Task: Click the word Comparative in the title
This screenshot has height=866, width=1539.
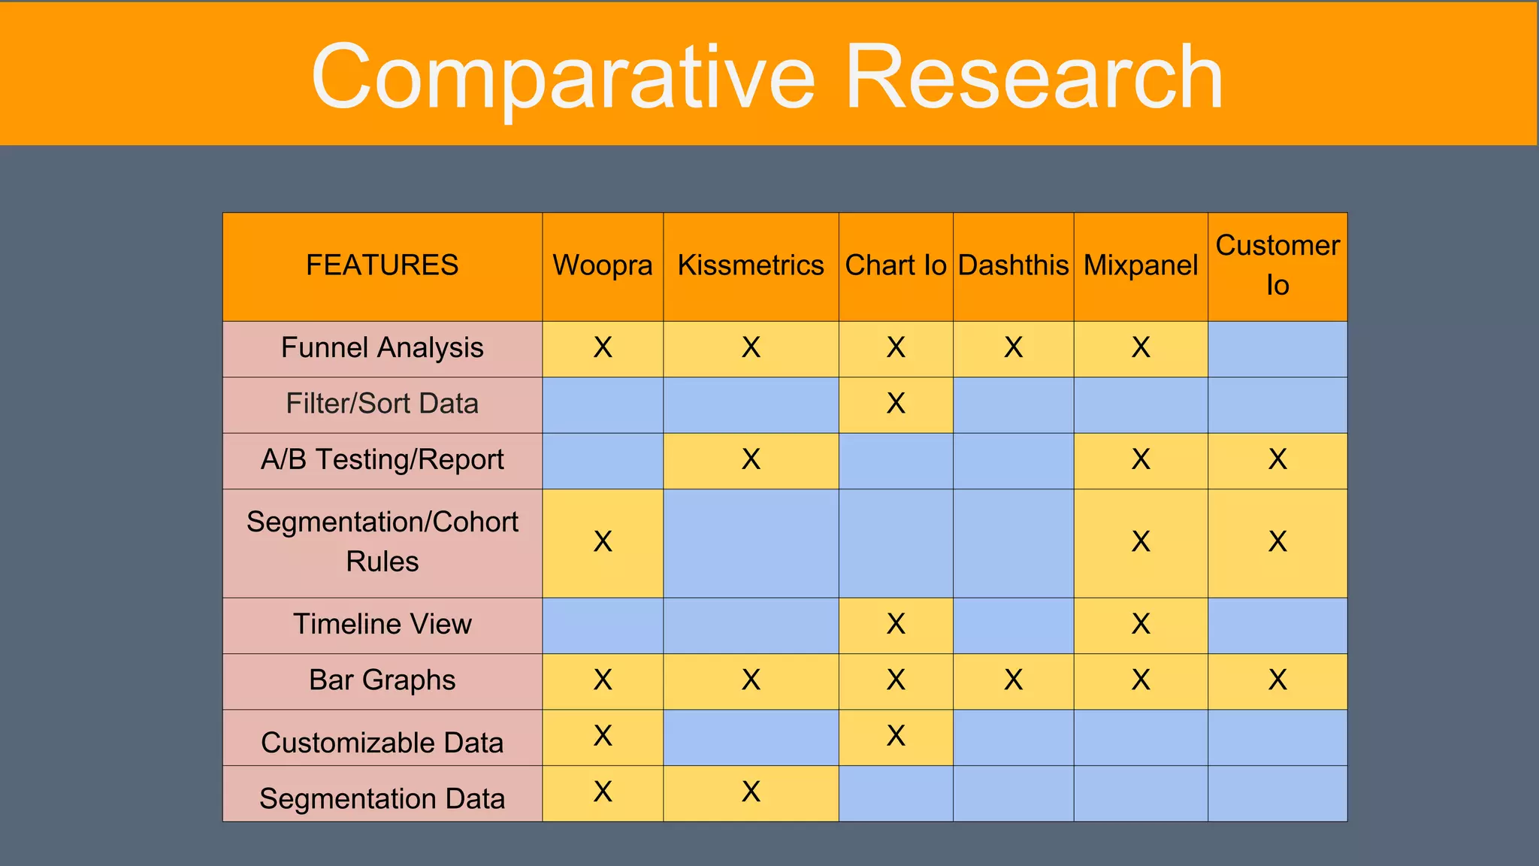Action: [563, 77]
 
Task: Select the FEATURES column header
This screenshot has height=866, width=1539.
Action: [382, 265]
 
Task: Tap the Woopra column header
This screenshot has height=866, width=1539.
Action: [603, 265]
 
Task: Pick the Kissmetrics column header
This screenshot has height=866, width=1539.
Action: [751, 265]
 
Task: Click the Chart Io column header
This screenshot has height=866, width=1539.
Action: [896, 265]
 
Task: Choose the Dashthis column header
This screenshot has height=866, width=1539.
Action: [1013, 265]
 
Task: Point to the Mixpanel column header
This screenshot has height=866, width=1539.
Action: [1141, 265]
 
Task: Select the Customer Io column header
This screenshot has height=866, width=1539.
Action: [1277, 265]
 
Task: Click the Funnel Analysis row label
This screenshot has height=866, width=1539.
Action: [382, 348]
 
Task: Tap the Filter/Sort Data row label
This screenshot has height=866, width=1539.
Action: [382, 404]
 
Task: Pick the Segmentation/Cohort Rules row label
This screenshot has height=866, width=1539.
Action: [382, 541]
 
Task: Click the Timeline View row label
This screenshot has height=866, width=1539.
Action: [382, 624]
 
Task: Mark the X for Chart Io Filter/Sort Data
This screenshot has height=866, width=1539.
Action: [896, 404]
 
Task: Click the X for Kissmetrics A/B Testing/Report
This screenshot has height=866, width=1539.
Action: [751, 459]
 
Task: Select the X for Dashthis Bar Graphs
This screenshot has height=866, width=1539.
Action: [1013, 680]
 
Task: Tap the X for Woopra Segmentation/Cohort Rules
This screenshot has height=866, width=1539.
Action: [603, 541]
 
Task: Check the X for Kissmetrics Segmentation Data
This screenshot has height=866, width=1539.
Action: [751, 792]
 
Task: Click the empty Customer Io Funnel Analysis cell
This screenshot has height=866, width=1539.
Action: [1277, 349]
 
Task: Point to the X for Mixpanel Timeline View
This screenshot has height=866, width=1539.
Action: [1141, 624]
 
